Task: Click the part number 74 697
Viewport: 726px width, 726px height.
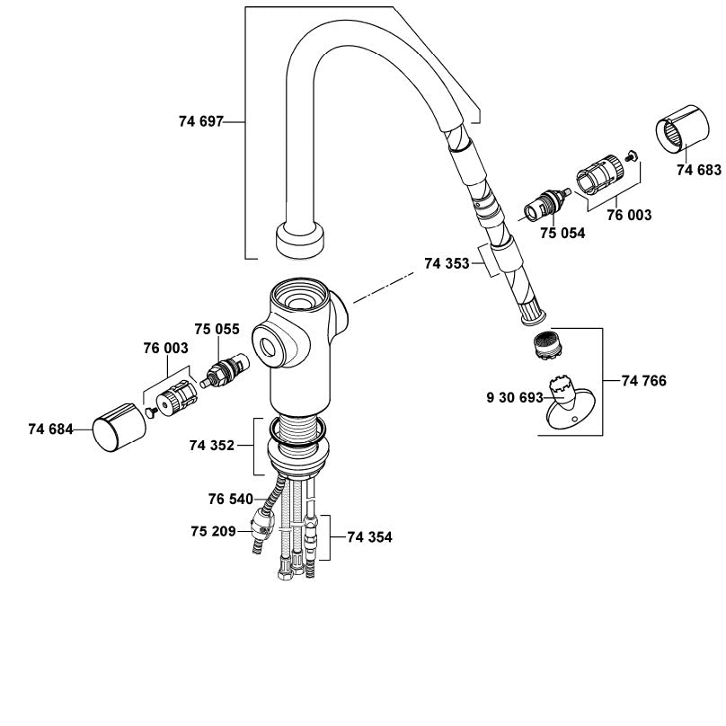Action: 201,121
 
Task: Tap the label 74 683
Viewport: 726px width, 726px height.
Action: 699,170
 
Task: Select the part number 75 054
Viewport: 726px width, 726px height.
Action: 562,233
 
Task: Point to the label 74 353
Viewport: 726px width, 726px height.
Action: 447,263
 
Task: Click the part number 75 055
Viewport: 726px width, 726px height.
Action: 217,329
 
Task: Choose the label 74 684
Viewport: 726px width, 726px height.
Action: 50,429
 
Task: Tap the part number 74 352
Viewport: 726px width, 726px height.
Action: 211,446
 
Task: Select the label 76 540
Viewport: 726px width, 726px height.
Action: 231,500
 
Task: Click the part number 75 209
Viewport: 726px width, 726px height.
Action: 213,531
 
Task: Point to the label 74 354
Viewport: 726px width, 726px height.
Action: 369,537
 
